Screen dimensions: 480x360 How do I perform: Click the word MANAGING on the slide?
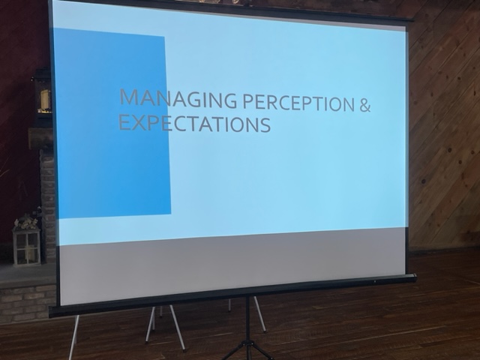[x=178, y=98]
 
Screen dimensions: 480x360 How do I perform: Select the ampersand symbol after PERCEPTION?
[x=364, y=104]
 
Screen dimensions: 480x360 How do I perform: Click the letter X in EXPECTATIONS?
[x=139, y=122]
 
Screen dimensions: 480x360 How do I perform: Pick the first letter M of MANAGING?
[x=128, y=97]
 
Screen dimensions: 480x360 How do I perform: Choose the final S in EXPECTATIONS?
[x=265, y=124]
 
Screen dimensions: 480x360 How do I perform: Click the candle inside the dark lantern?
[x=45, y=99]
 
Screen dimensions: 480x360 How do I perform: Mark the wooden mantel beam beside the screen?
[x=40, y=138]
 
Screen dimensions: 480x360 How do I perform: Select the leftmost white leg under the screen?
[x=74, y=337]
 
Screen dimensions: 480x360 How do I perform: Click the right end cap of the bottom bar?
[x=414, y=277]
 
